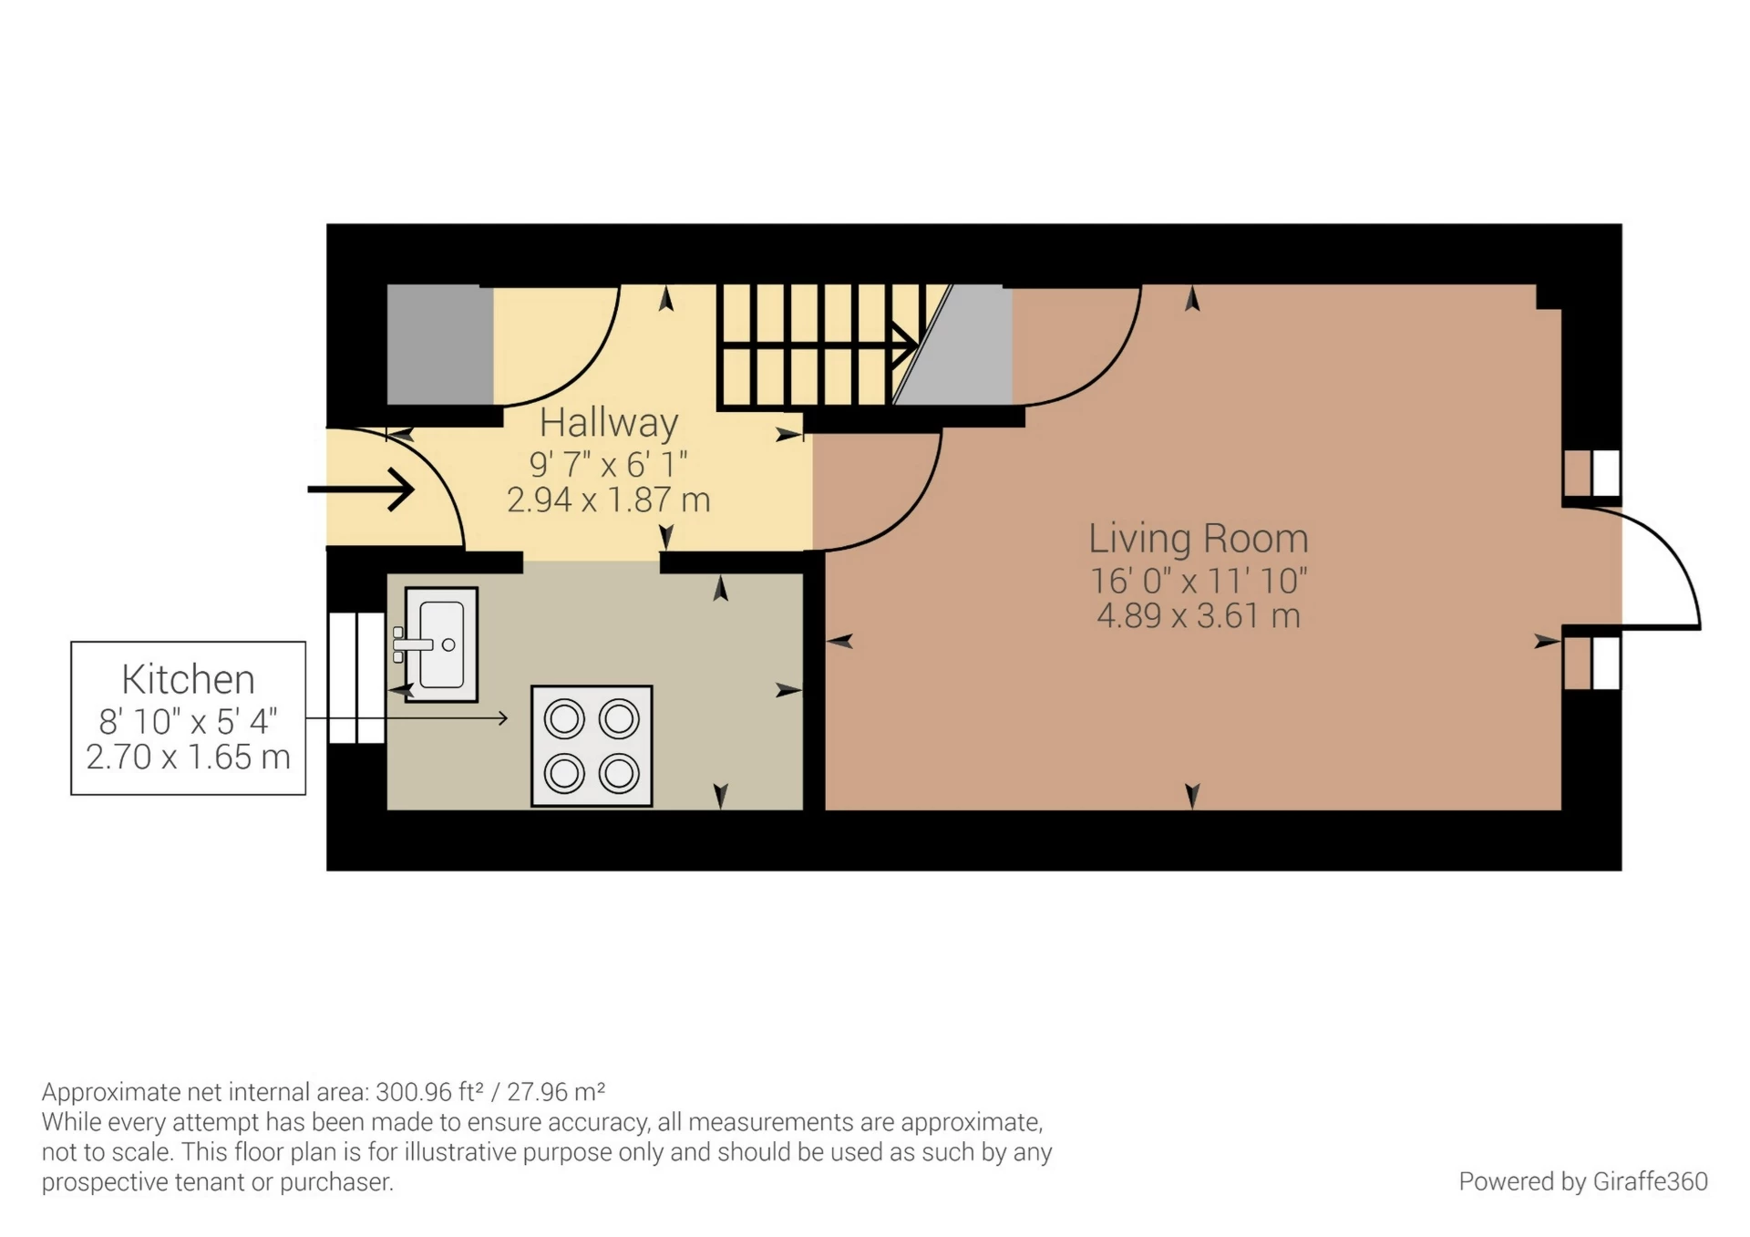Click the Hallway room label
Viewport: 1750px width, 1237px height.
click(x=608, y=423)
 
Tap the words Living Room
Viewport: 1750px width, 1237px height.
click(x=1198, y=539)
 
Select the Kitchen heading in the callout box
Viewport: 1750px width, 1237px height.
click(x=188, y=680)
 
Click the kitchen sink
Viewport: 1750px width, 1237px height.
click(x=442, y=644)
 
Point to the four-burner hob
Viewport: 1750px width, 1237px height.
click(x=592, y=746)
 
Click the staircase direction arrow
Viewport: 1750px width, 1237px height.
click(x=904, y=345)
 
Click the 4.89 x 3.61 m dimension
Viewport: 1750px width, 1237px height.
click(x=1198, y=616)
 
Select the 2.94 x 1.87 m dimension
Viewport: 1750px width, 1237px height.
click(x=608, y=500)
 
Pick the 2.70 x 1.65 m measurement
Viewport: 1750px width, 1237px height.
click(x=188, y=758)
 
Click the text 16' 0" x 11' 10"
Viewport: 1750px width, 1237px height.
click(x=1198, y=581)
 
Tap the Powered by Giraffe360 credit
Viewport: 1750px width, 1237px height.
click(x=1582, y=1181)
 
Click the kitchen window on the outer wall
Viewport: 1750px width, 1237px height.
click(x=356, y=677)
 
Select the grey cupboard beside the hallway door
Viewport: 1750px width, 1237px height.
click(x=439, y=345)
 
